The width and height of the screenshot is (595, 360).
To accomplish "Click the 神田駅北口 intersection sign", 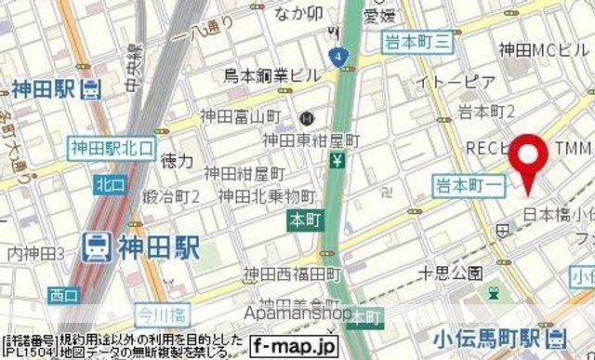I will pos(110,145).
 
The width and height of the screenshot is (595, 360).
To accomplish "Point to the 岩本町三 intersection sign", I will pos(417,39).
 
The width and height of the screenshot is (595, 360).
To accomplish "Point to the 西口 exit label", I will pos(64,296).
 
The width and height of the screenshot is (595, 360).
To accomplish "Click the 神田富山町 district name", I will pos(240,117).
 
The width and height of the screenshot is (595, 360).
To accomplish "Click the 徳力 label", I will pos(177,161).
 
